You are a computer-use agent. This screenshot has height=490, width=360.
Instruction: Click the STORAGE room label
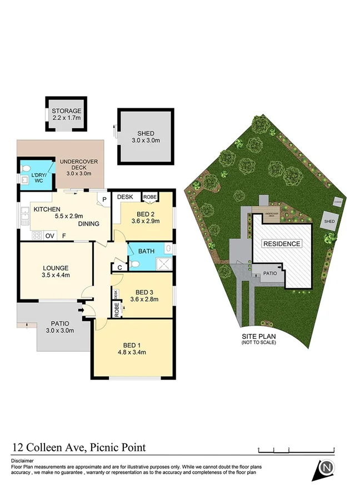[x=67, y=111]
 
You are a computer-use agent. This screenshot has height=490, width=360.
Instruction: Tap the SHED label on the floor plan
[x=145, y=133]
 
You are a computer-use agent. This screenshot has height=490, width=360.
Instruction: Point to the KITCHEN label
[x=46, y=209]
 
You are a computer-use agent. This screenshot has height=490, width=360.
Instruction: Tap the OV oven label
[x=49, y=236]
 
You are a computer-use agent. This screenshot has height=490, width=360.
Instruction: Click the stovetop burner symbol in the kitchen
[x=37, y=236]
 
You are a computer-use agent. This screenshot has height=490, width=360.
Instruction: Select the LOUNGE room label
[x=55, y=267]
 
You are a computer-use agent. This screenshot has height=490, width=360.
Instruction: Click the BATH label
[x=146, y=251]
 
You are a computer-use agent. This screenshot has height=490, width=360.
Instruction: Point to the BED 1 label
[x=131, y=344]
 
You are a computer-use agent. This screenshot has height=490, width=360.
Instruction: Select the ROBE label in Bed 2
[x=150, y=197]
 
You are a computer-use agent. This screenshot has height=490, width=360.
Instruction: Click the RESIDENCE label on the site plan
[x=282, y=243]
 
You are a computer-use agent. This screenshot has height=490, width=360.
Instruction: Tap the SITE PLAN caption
[x=258, y=337]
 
